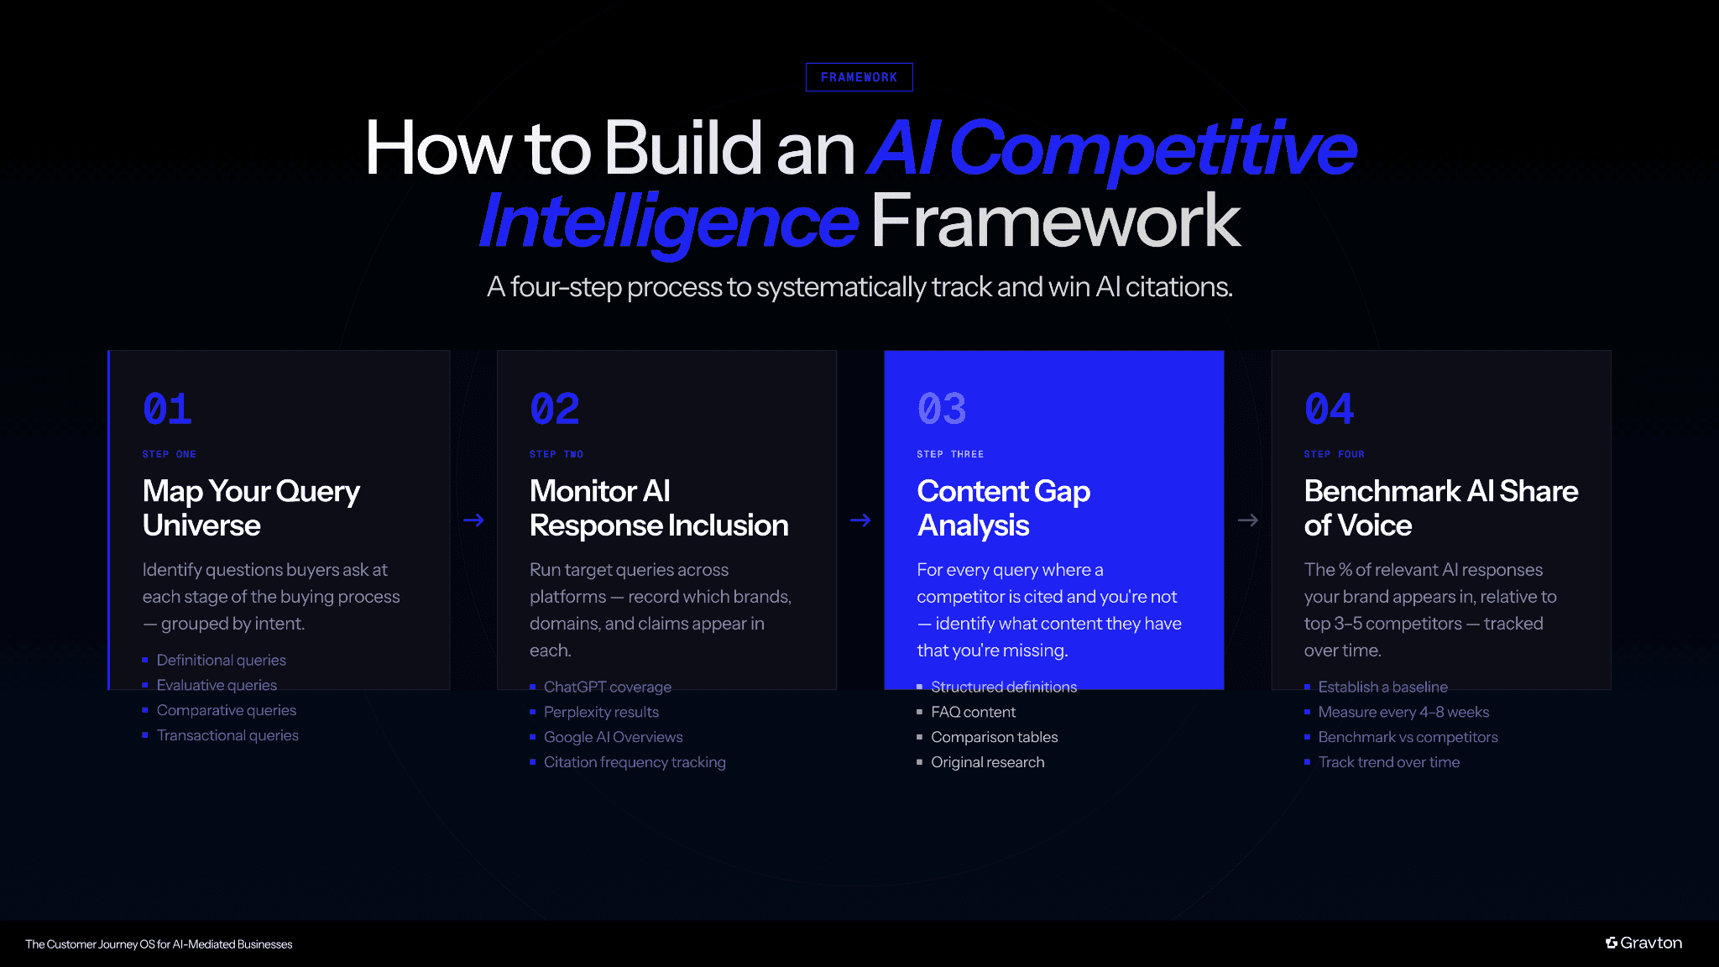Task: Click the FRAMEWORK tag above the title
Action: tap(859, 77)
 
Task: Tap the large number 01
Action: tap(167, 410)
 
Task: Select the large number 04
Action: tap(1329, 410)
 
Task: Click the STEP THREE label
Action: tap(950, 454)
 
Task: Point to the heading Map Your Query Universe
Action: tap(251, 508)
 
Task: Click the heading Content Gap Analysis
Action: tap(1003, 508)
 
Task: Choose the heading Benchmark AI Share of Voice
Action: tap(1440, 508)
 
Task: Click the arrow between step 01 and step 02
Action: tap(473, 520)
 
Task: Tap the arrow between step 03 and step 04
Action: tap(1247, 520)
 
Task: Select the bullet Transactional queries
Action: tap(227, 735)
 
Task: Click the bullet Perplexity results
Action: tap(601, 712)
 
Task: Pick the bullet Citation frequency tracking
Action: tap(635, 762)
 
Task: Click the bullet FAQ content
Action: tap(973, 712)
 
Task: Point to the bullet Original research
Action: tap(987, 762)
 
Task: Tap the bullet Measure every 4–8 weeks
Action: tap(1403, 712)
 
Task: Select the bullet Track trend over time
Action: tap(1388, 762)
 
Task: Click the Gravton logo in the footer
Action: tap(1643, 943)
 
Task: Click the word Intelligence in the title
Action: tap(668, 222)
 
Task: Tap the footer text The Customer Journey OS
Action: tap(159, 944)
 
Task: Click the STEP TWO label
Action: tap(556, 454)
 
